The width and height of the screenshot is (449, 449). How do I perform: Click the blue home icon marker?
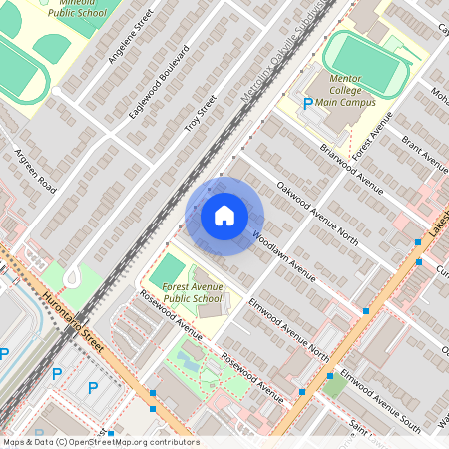pyautogui.click(x=224, y=216)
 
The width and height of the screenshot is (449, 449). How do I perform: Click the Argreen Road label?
pyautogui.click(x=34, y=172)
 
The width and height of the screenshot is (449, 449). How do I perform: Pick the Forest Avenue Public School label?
pyautogui.click(x=193, y=291)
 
